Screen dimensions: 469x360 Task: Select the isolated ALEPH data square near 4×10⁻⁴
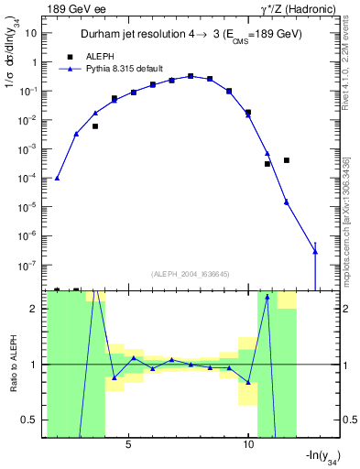287,160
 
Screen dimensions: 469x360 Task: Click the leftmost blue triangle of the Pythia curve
57,178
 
